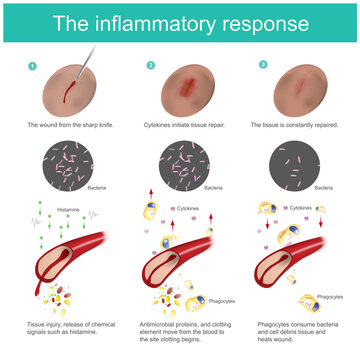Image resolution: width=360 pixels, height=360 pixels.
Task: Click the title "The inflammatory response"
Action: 180,21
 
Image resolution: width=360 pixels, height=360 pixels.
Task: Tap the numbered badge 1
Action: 31,66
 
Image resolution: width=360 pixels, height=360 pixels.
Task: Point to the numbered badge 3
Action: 262,66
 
